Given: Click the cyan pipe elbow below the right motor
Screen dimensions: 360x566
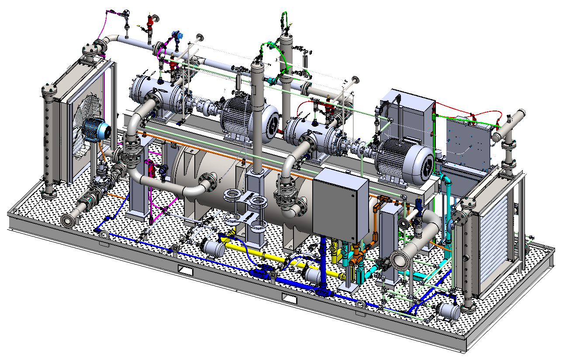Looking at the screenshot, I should click(446, 179).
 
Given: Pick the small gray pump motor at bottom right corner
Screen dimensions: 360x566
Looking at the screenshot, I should click(449, 311).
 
